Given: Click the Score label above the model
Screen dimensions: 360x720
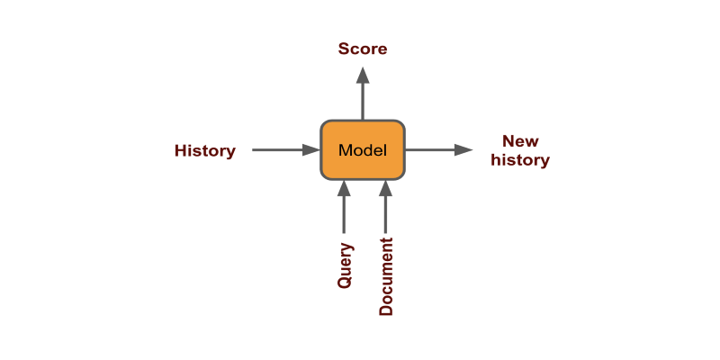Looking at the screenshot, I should click(363, 49).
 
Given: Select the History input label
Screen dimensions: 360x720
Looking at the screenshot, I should click(204, 150).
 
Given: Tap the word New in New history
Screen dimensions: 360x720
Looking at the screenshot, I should click(520, 141).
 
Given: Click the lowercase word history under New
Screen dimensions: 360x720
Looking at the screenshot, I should click(520, 160).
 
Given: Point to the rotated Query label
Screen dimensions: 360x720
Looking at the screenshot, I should click(345, 265).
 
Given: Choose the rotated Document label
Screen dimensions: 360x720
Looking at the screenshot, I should click(386, 276).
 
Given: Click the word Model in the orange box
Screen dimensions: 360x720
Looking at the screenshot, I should click(363, 150).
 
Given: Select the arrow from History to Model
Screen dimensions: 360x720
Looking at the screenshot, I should click(283, 150).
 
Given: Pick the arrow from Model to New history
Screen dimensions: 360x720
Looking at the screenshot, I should click(436, 150).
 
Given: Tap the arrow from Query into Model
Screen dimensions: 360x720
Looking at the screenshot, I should click(343, 211).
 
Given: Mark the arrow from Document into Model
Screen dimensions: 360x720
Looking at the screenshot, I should click(385, 211).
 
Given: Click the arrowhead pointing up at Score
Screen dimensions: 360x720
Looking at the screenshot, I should click(363, 75).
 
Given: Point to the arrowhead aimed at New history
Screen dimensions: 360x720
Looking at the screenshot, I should click(463, 150).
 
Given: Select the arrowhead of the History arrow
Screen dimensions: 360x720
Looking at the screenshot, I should click(311, 150).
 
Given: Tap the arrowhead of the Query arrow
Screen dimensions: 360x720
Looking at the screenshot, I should click(343, 188).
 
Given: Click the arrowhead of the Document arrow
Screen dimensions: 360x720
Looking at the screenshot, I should click(385, 188).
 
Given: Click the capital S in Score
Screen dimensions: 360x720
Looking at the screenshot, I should click(344, 49).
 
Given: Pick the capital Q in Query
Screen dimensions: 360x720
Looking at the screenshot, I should click(345, 282).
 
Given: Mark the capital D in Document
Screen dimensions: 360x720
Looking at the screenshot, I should click(386, 310).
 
